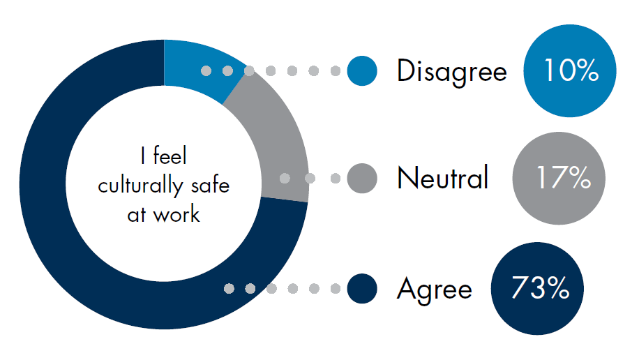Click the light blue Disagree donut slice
click(x=200, y=67)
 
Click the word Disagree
click(x=452, y=71)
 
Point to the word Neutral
click(x=442, y=178)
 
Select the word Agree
click(x=435, y=289)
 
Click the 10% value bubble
click(x=570, y=71)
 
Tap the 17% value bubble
click(x=559, y=178)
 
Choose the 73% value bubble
click(x=537, y=289)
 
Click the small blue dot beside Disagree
click(x=362, y=71)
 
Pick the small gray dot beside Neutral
click(x=362, y=178)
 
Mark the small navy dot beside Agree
click(x=362, y=289)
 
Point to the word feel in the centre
click(x=170, y=156)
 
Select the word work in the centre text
click(x=176, y=214)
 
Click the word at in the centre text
click(x=136, y=216)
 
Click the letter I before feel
click(x=142, y=156)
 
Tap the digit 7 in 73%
click(x=520, y=287)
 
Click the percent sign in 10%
click(x=587, y=70)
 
